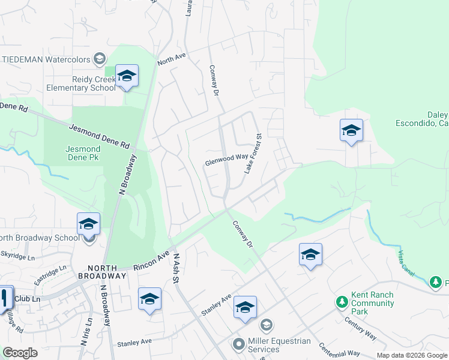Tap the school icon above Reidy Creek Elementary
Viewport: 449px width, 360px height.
point(127,76)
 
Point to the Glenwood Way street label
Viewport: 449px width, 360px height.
point(226,160)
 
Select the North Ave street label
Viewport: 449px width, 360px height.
point(172,59)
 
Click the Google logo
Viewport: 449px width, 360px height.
point(20,353)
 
